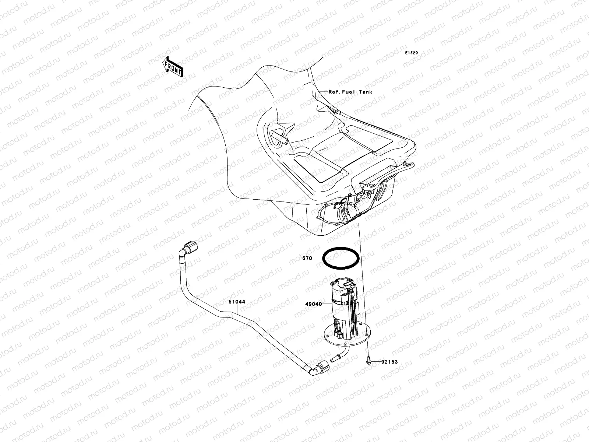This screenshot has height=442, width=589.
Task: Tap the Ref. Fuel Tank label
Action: click(350, 92)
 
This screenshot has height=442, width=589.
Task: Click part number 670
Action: click(307, 259)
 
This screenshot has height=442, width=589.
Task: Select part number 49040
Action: click(313, 304)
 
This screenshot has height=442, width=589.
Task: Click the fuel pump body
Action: click(342, 306)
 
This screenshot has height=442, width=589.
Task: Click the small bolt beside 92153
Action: click(368, 362)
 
